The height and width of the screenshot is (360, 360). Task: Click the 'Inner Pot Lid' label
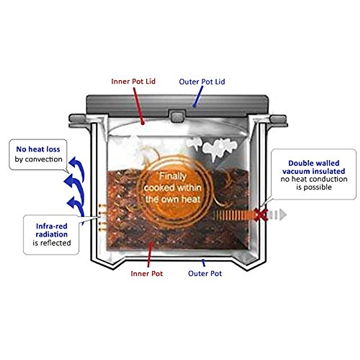pyautogui.click(x=133, y=81)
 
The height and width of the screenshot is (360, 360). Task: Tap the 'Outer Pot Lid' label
pyautogui.click(x=202, y=82)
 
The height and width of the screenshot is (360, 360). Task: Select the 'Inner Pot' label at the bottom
pyautogui.click(x=147, y=274)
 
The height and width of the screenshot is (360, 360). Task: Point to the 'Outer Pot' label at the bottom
pyautogui.click(x=205, y=274)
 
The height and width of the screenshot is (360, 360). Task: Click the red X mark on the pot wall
pyautogui.click(x=261, y=214)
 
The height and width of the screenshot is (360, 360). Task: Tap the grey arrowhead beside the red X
pyautogui.click(x=283, y=215)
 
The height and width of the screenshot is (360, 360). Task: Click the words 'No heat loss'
pyautogui.click(x=38, y=149)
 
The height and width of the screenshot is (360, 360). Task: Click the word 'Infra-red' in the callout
pyautogui.click(x=51, y=226)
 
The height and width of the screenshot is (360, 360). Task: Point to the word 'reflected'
pyautogui.click(x=56, y=243)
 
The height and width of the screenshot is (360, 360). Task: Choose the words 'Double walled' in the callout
pyautogui.click(x=313, y=163)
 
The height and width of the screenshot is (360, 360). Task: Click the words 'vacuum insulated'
pyautogui.click(x=313, y=171)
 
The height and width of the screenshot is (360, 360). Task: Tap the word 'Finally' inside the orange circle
pyautogui.click(x=172, y=176)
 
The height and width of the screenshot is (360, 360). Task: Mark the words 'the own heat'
pyautogui.click(x=172, y=199)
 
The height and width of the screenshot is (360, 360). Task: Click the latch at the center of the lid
pyautogui.click(x=176, y=115)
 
